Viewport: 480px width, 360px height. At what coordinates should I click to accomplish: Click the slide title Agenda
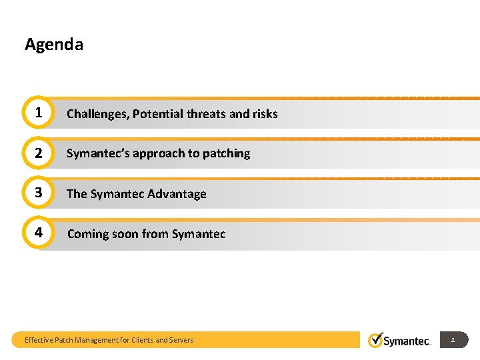pyautogui.click(x=54, y=45)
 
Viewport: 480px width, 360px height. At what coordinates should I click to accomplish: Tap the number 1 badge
pyautogui.click(x=39, y=113)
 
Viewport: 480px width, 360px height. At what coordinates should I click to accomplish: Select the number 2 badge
pyautogui.click(x=39, y=153)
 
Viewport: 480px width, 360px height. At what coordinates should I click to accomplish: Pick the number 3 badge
pyautogui.click(x=39, y=193)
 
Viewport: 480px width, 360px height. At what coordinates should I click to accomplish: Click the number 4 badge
pyautogui.click(x=39, y=233)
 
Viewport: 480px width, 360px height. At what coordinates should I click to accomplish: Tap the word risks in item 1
pyautogui.click(x=265, y=114)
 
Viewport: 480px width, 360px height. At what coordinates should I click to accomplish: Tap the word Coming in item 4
pyautogui.click(x=87, y=234)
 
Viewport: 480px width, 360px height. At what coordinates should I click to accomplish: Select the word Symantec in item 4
pyautogui.click(x=199, y=234)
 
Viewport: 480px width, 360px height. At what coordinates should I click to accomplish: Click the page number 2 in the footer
pyautogui.click(x=453, y=340)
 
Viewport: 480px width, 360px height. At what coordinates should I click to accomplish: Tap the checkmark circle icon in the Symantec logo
pyautogui.click(x=376, y=339)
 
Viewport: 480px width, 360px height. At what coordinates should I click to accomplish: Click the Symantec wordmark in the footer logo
pyautogui.click(x=407, y=341)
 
